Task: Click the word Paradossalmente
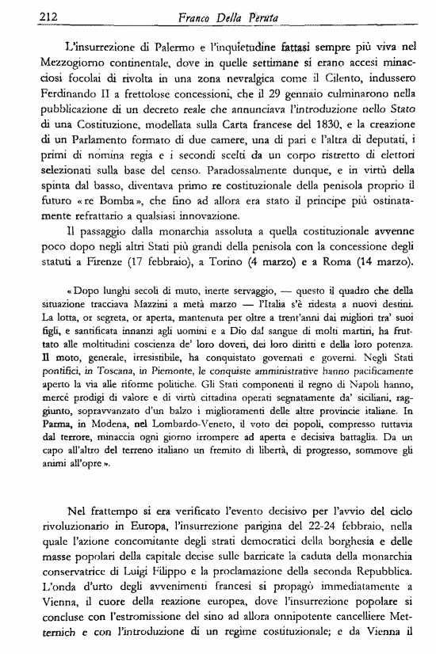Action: [x=230, y=188]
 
